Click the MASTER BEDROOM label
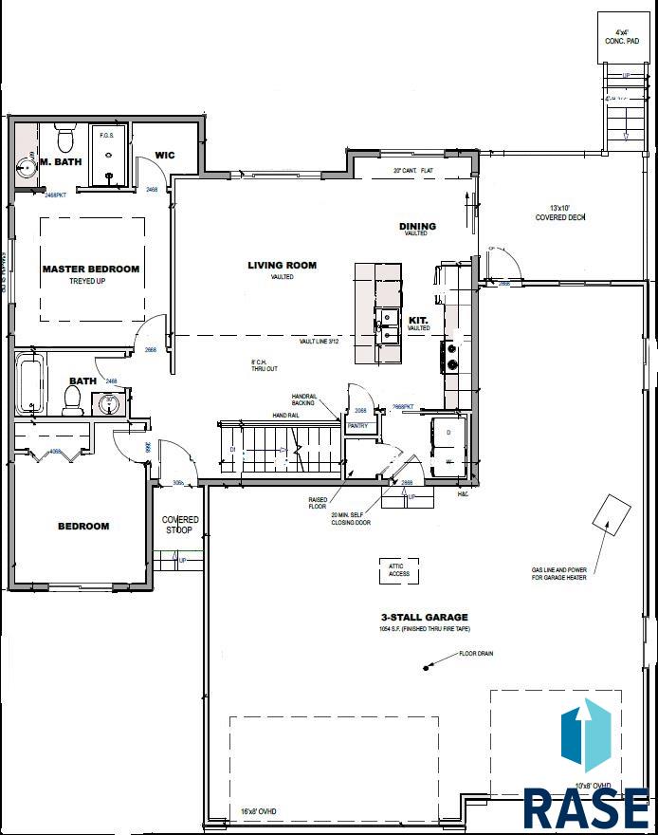91,269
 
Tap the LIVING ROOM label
282,266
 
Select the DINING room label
417,226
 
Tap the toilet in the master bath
65,141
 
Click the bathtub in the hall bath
30,383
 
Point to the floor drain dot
426,670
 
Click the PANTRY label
357,426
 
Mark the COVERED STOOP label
180,525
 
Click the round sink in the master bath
27,168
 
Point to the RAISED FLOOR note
318,503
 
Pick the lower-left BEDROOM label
83,526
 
